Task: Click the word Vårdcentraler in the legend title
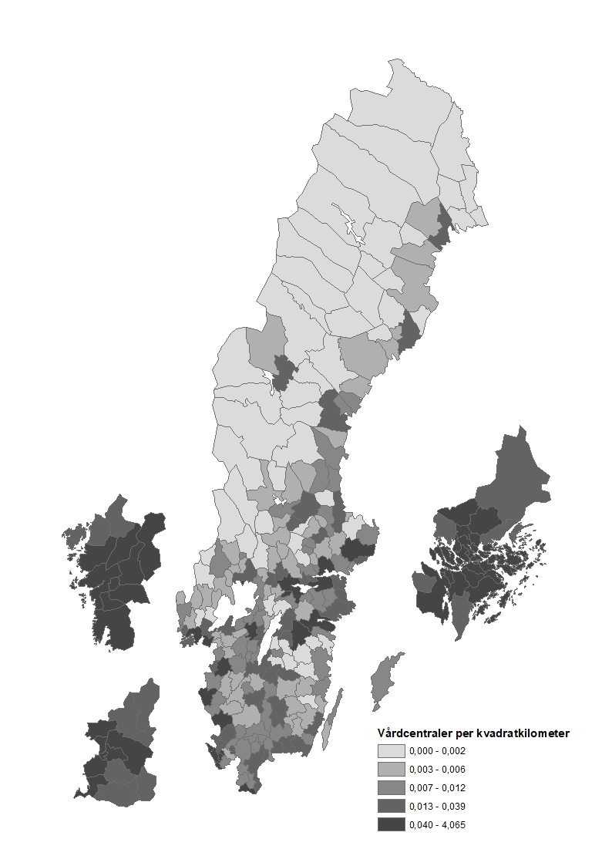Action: pyautogui.click(x=413, y=733)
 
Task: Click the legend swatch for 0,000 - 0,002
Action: pyautogui.click(x=391, y=751)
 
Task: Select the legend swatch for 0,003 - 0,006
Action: pyautogui.click(x=391, y=770)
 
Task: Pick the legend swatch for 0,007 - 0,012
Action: pyautogui.click(x=391, y=788)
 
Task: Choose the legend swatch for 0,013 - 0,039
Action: pyautogui.click(x=391, y=807)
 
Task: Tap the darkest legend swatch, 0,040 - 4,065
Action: pyautogui.click(x=391, y=825)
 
